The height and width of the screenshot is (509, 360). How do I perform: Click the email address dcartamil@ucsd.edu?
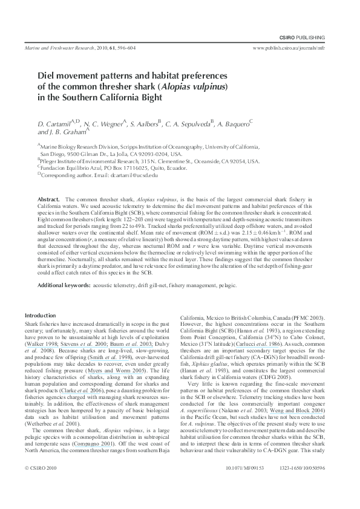click(x=134, y=175)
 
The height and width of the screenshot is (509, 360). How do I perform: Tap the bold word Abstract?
click(x=48, y=199)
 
